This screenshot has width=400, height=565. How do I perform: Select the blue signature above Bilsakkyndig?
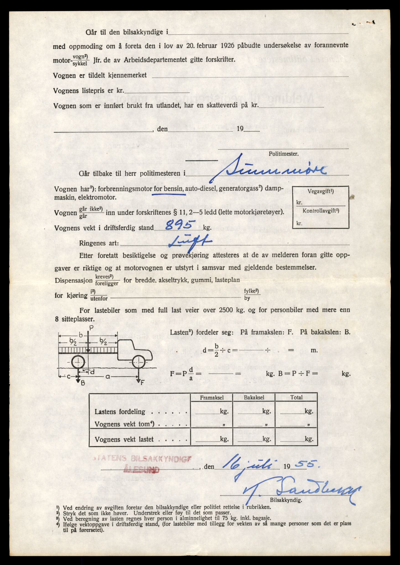tap(301, 491)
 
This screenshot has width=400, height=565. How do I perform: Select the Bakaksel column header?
tap(254, 398)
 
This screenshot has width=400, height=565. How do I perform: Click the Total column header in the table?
tap(296, 398)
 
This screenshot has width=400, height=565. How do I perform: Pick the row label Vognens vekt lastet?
tap(124, 439)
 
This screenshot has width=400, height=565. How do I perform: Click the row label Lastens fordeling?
tap(120, 412)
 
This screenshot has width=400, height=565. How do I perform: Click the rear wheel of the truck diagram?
tap(79, 362)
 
